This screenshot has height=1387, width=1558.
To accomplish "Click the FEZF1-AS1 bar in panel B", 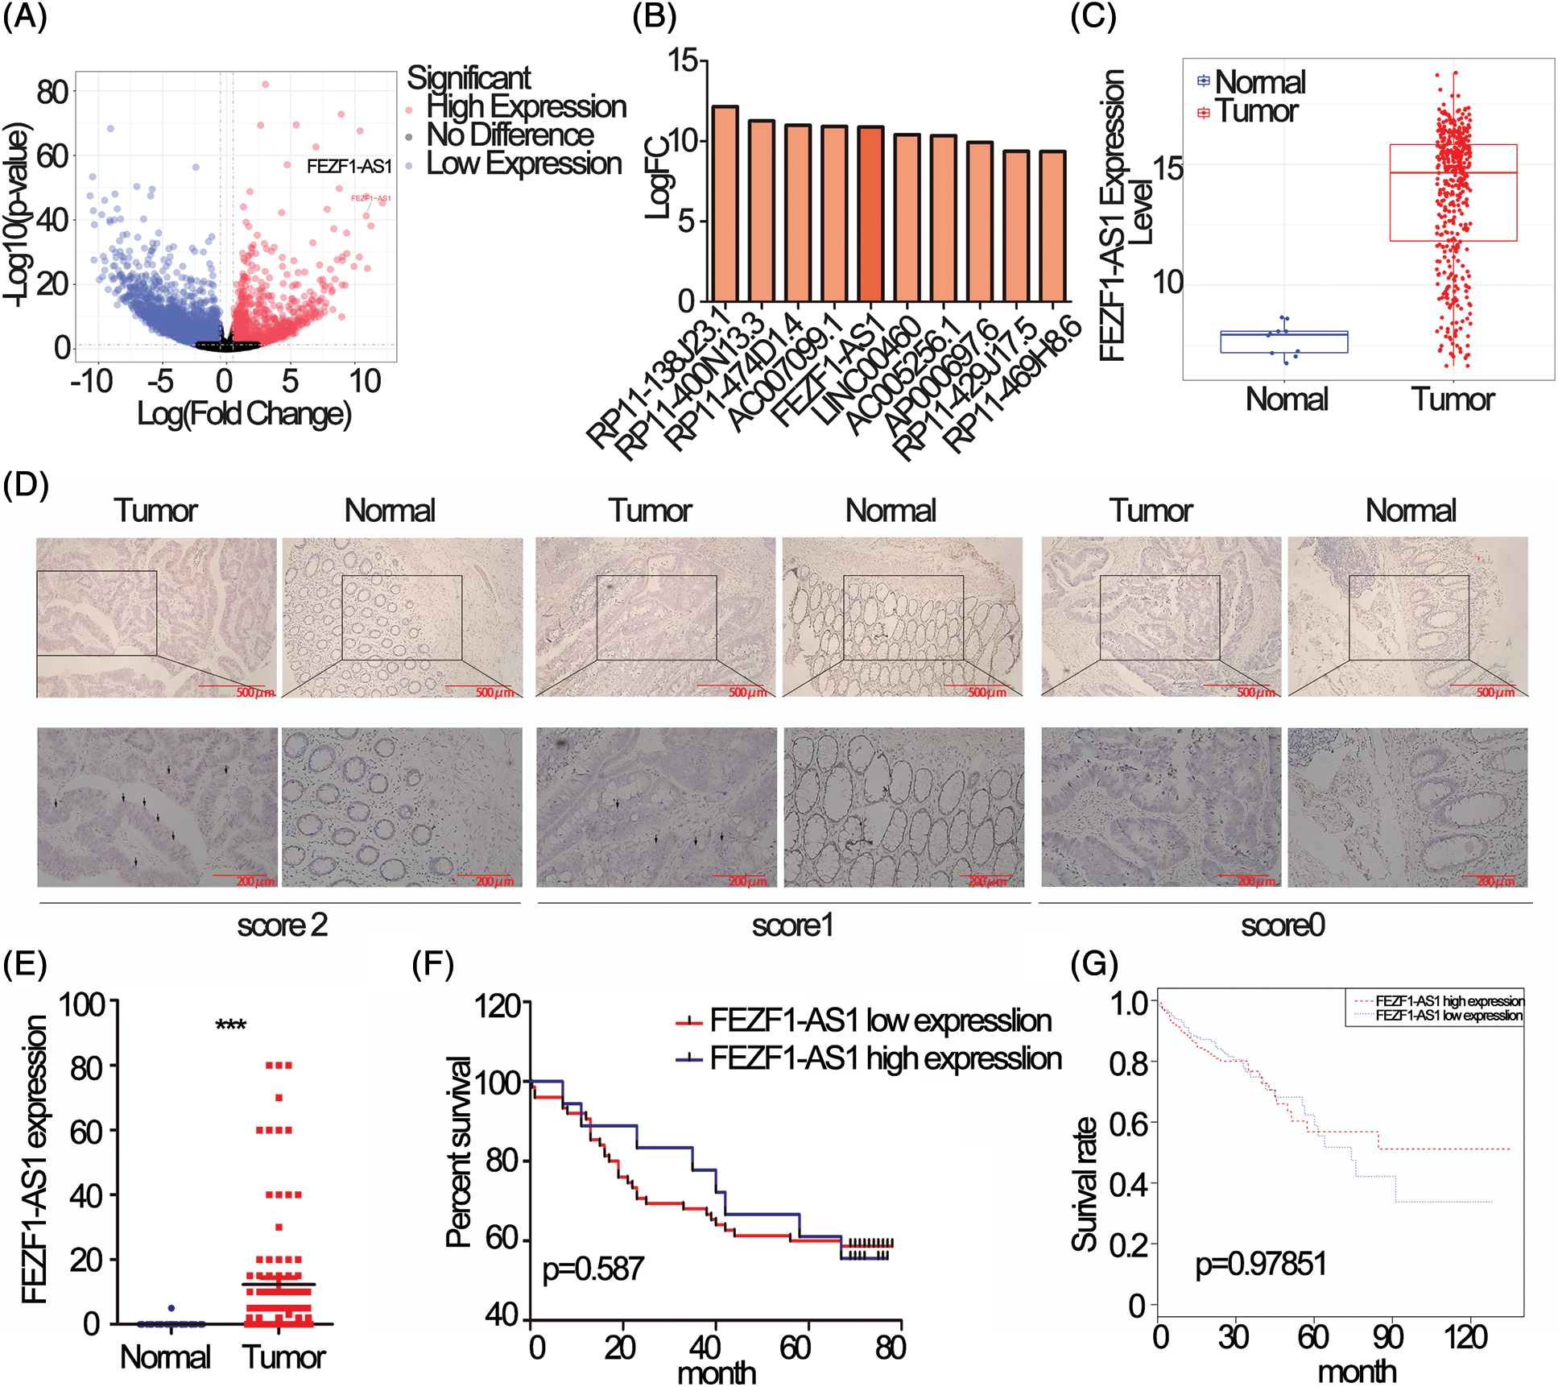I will coord(870,214).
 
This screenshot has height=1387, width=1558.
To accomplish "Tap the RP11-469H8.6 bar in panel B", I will coord(1052,226).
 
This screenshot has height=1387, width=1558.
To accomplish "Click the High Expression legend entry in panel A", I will coord(526,106).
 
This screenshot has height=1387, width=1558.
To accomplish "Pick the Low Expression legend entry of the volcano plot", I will coord(523,164).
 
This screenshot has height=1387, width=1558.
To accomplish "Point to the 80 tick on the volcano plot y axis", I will coord(52,92).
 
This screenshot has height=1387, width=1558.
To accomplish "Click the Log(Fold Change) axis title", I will coord(244,413).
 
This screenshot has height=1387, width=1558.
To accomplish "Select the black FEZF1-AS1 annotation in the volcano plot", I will coord(349,167).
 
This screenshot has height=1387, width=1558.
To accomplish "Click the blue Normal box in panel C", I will coord(1283,342).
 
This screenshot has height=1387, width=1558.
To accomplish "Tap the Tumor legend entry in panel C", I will coord(1256,111).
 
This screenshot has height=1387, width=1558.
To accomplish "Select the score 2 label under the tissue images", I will coord(282,925).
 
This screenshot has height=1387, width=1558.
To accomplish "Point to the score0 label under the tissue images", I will coord(1283,925).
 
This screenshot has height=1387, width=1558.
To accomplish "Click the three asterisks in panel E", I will coord(230,1025).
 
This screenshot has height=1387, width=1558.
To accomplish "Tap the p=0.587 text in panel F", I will coord(593,1269).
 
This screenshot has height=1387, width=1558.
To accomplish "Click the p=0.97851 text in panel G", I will coord(1260,1263).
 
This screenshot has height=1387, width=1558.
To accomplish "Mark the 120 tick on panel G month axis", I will coord(1465,1337).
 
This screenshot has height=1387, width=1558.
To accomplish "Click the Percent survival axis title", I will coord(458,1152).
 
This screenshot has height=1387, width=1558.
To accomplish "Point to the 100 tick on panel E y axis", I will coord(82,1005).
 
